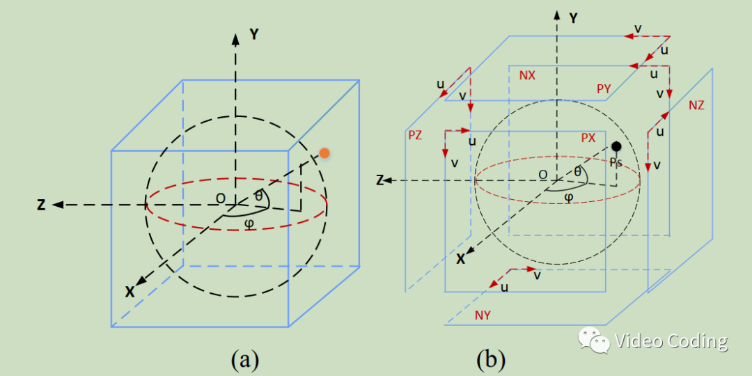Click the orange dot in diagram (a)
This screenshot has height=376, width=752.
tap(323, 153)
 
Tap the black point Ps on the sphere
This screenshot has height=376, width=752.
tap(616, 146)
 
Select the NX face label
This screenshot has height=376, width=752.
tap(527, 75)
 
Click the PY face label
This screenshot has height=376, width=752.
tap(604, 88)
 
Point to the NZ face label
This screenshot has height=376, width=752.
tap(696, 105)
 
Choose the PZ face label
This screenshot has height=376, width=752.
tap(415, 135)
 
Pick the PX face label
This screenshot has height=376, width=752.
tap(588, 138)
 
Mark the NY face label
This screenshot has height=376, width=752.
tap(483, 315)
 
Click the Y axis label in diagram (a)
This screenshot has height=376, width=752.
tap(254, 34)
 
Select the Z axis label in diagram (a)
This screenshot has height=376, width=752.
tap(42, 205)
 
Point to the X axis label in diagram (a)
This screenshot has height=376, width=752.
tap(130, 292)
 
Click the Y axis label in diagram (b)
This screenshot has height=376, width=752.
tap(573, 19)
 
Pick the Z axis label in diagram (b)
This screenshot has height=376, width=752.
tap(380, 180)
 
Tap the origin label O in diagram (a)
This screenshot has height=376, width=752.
tap(220, 199)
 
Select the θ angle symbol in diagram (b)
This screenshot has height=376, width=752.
tap(577, 171)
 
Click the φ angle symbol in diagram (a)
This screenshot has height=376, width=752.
tap(249, 224)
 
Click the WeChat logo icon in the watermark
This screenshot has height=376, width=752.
tap(593, 341)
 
